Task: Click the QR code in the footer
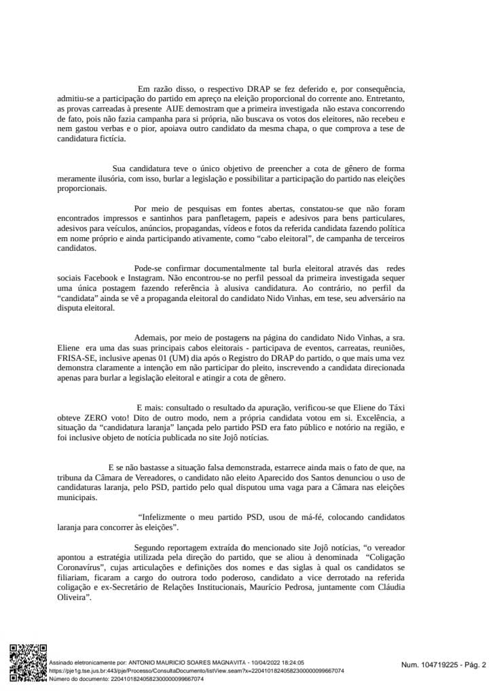coord(28,662)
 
